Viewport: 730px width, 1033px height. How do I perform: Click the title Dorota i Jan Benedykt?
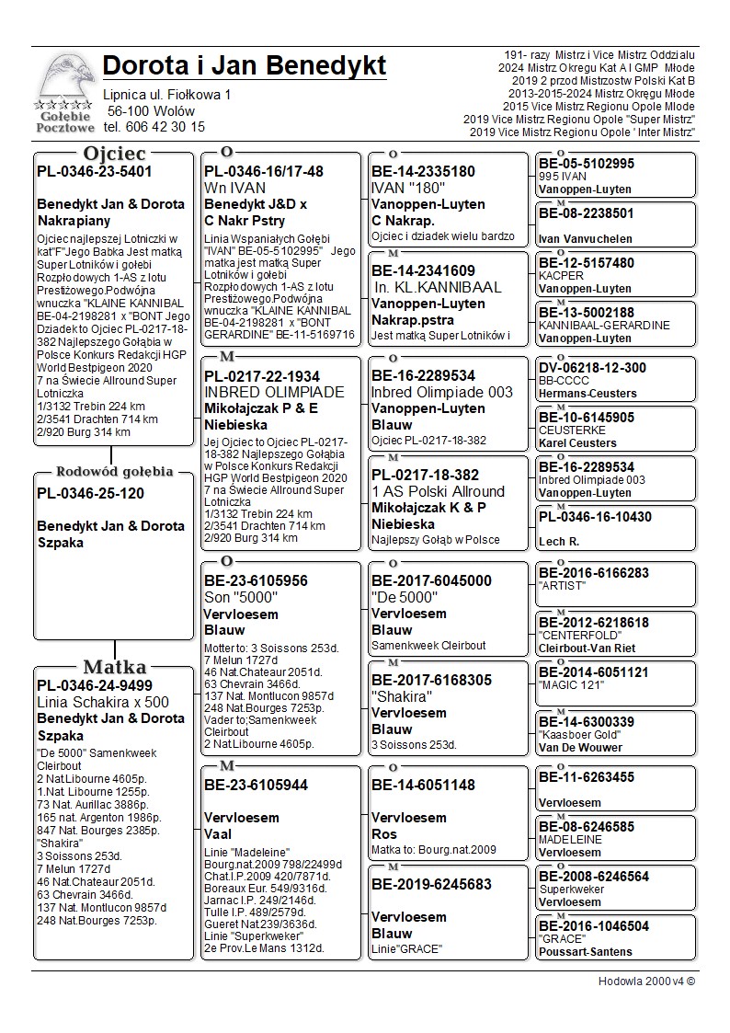(245, 66)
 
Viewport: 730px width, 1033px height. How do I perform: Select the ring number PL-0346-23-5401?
(95, 171)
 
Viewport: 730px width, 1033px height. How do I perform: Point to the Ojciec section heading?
(114, 154)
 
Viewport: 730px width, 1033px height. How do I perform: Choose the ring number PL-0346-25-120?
(90, 493)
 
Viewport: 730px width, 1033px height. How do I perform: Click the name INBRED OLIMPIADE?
(274, 392)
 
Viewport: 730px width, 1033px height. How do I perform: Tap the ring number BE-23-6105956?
(257, 581)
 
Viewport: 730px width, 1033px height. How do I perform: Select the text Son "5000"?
(241, 598)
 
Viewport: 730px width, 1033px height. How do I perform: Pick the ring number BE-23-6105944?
(257, 786)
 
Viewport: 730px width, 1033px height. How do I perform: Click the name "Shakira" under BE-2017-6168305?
(402, 696)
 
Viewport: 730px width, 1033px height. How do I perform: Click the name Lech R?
(559, 542)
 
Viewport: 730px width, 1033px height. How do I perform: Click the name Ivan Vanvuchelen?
(586, 238)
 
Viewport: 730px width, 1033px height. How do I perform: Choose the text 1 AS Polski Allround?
(438, 491)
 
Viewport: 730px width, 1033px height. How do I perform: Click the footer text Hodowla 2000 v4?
(646, 981)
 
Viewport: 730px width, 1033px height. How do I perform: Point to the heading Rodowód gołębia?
(115, 472)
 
